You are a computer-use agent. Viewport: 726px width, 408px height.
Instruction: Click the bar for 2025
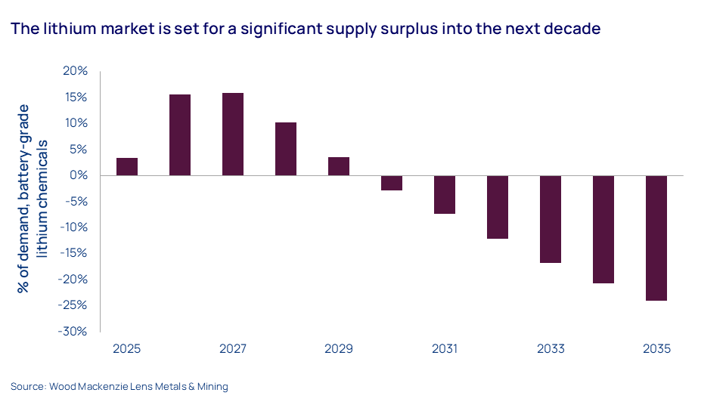point(127,166)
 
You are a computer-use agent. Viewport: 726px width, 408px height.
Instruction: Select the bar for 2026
point(180,134)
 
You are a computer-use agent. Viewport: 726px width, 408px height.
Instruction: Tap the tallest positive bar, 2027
point(233,134)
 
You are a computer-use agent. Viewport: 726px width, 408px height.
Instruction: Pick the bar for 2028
point(286,149)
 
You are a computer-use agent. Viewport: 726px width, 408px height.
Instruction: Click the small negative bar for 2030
point(392,183)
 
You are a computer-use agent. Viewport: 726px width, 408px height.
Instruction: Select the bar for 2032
point(498,207)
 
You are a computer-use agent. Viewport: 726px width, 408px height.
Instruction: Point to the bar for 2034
point(603,229)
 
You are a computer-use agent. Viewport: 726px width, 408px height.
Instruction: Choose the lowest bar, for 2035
point(656,238)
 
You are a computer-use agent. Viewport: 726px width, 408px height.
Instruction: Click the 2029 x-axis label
point(339,349)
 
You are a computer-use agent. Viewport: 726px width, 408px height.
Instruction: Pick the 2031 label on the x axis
point(445,349)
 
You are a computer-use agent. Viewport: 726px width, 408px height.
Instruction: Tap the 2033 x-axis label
point(551,349)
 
